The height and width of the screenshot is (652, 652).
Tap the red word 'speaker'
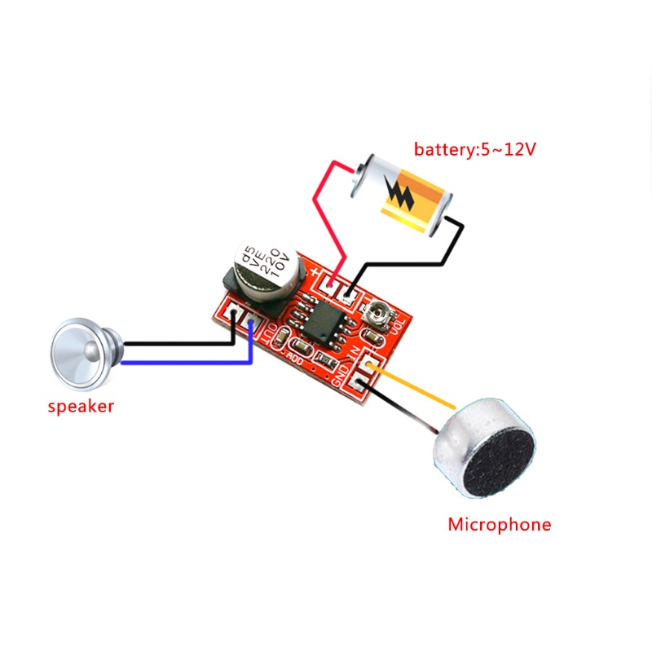(81, 407)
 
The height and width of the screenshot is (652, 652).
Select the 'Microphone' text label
(499, 524)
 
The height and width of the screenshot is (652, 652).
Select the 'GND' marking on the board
(343, 375)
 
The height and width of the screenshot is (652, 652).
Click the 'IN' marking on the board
(356, 355)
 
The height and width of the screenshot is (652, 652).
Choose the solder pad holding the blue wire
(251, 322)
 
